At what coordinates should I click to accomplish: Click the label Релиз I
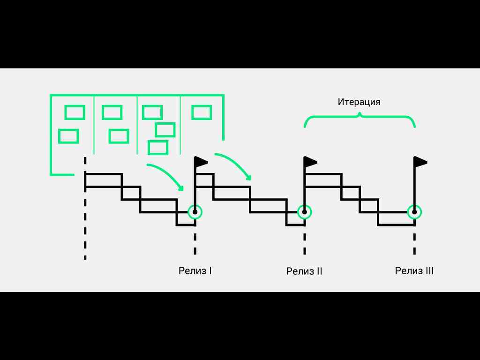tap(195, 270)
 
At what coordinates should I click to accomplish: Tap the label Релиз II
tap(304, 271)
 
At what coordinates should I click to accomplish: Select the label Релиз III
tap(414, 270)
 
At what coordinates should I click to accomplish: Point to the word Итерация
tap(359, 102)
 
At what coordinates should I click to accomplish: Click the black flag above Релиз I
tap(201, 162)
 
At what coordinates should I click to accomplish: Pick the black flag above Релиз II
tap(311, 162)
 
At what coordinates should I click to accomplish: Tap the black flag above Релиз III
tap(420, 162)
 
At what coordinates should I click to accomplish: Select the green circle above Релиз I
tap(195, 212)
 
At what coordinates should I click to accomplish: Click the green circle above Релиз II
tap(305, 212)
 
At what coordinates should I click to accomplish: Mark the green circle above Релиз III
tap(414, 212)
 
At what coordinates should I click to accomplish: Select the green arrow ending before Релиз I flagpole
tap(166, 175)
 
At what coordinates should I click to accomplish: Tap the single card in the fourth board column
tap(202, 112)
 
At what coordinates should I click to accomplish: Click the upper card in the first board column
tap(75, 112)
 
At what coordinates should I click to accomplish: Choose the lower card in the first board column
tap(68, 136)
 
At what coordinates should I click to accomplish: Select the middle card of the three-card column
tap(165, 130)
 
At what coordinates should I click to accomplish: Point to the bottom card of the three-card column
tap(158, 148)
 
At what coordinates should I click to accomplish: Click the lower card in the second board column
tap(119, 136)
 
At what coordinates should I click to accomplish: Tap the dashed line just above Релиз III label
tap(414, 244)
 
